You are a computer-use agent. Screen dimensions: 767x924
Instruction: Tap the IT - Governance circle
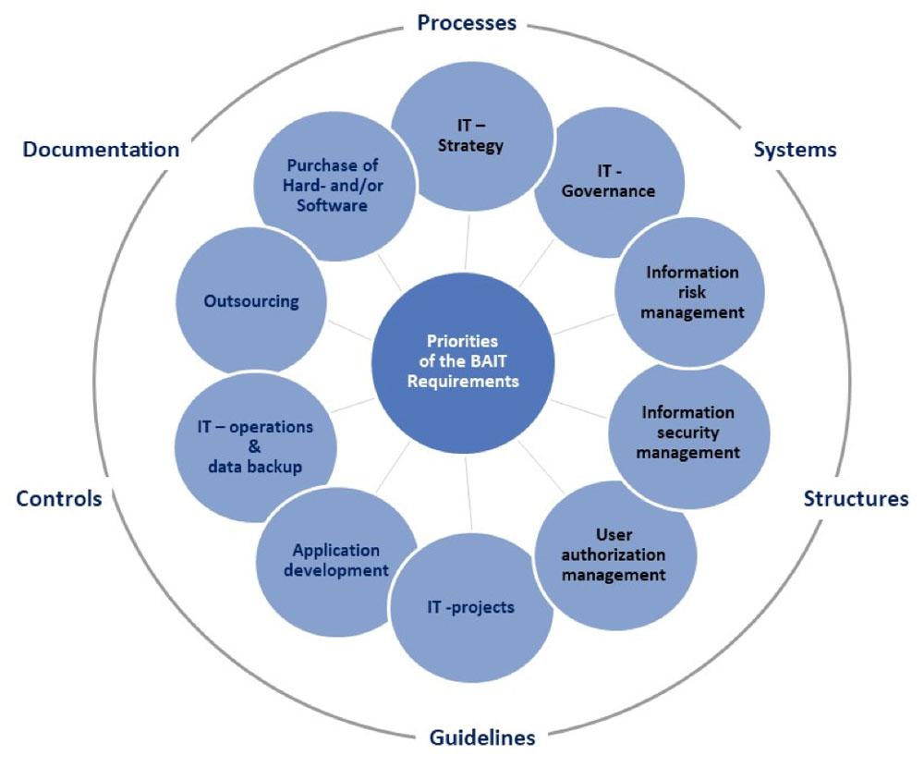(610, 182)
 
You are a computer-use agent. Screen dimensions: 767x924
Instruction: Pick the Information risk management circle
(691, 292)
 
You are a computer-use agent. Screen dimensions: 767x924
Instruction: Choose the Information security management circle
(688, 433)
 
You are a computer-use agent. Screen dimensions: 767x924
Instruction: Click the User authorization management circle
(614, 554)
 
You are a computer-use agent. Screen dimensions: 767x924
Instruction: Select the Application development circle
(335, 560)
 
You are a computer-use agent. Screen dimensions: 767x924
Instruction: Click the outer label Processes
(467, 22)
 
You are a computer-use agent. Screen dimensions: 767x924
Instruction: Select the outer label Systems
(795, 149)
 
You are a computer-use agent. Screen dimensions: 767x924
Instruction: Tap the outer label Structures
(856, 499)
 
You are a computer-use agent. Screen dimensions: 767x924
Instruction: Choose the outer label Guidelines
(482, 737)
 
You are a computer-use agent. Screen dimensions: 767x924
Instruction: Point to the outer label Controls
(59, 499)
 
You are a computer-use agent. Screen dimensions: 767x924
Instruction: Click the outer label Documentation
(102, 149)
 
